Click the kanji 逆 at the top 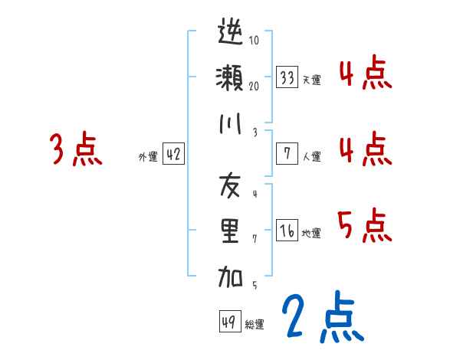pos(231,34)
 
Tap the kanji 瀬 pos(231,79)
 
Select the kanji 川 pos(231,123)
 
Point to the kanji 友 pos(231,185)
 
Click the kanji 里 pos(231,231)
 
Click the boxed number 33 pos(287,77)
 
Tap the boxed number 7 pos(287,154)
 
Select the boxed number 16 pos(287,231)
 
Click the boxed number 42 pos(173,154)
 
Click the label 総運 pos(255,325)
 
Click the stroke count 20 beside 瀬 pos(254,86)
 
